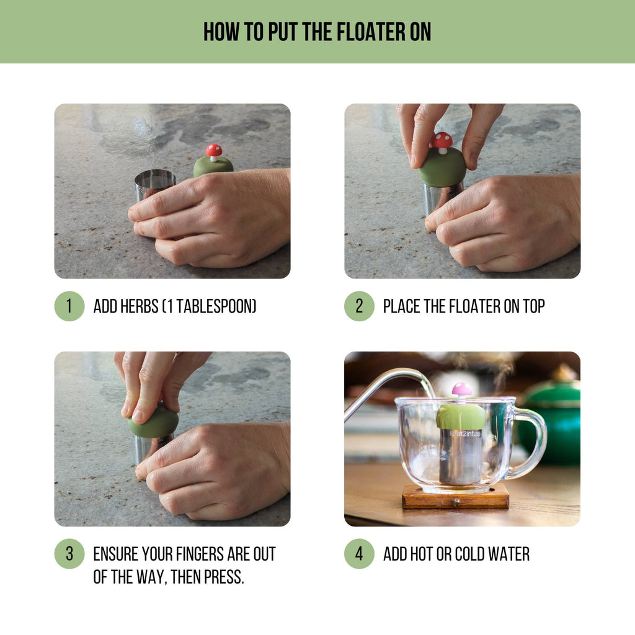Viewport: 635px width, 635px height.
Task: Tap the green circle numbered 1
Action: click(69, 306)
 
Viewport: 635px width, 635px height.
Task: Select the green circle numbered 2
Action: click(359, 306)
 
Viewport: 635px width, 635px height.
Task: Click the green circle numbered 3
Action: click(69, 554)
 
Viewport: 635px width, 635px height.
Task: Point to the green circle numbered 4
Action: click(359, 554)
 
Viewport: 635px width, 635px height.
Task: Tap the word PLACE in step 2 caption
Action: click(402, 306)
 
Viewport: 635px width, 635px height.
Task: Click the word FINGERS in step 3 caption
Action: click(203, 554)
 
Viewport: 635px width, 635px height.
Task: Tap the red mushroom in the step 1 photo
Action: click(214, 151)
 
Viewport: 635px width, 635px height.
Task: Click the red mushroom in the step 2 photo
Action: click(442, 141)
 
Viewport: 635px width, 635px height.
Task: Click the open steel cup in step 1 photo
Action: click(155, 184)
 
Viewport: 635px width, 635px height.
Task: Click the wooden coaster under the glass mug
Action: click(455, 497)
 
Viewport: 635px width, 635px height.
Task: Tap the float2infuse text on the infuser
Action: click(461, 434)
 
